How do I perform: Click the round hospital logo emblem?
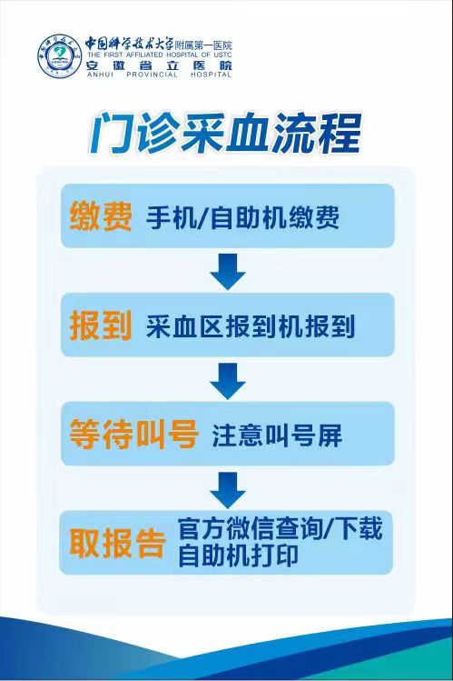60,56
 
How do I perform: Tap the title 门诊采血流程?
225,134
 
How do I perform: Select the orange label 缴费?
101,215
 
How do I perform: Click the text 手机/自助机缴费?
242,217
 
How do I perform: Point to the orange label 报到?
101,325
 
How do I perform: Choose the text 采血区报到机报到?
251,326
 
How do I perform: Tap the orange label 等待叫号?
134,434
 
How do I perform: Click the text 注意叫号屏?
277,436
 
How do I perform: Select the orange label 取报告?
117,543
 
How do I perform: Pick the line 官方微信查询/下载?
281,529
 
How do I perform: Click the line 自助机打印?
238,555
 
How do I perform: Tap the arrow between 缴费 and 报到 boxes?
228,272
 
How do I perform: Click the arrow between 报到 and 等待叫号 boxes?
228,381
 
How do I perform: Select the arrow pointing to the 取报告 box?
228,490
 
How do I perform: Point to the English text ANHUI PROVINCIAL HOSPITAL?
159,75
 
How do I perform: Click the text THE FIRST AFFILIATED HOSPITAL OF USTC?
159,55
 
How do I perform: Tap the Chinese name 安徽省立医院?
159,65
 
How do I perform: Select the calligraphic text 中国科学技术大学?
129,44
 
